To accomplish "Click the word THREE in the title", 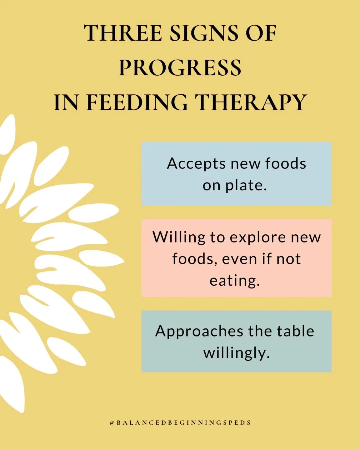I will pyautogui.click(x=123, y=33).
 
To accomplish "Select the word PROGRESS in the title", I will pyautogui.click(x=180, y=67).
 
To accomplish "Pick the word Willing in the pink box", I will pyautogui.click(x=178, y=237).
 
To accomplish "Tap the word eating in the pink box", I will pyautogui.click(x=234, y=281).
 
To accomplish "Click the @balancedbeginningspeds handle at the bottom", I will pyautogui.click(x=180, y=423).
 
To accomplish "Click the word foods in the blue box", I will pyautogui.click(x=286, y=163).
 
